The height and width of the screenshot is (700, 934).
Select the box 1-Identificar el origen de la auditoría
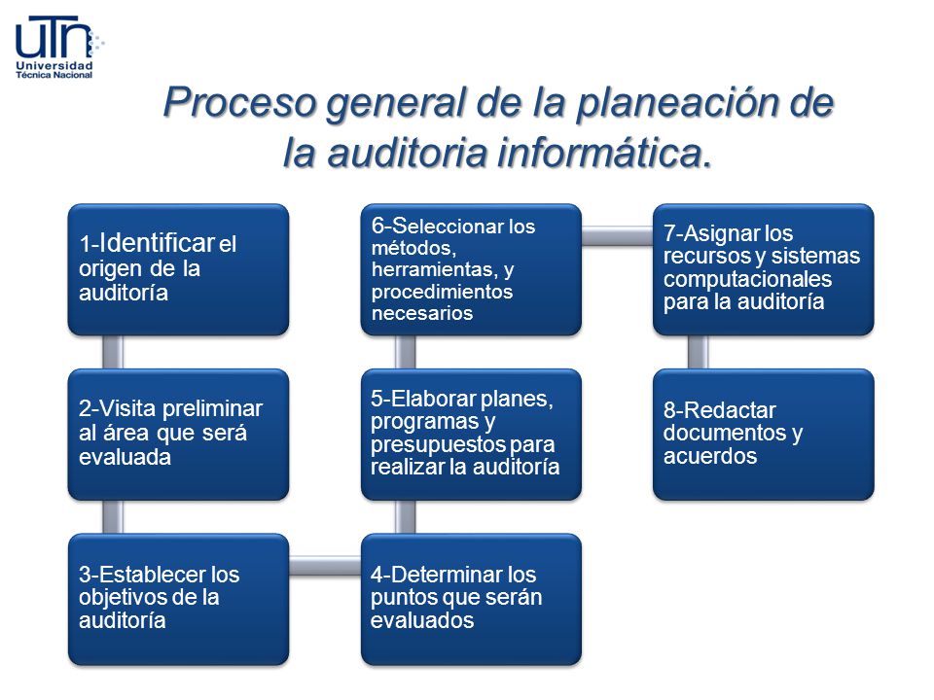[178, 269]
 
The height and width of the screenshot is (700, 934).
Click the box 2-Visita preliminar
[178, 434]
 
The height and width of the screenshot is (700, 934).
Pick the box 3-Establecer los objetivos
[178, 599]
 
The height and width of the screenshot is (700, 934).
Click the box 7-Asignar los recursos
[763, 269]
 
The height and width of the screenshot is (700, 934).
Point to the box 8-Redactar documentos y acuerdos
[763, 434]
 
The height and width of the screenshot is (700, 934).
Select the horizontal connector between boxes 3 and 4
[325, 562]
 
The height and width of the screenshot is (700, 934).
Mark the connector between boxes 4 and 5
[406, 517]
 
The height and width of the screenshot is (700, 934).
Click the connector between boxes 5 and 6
[406, 352]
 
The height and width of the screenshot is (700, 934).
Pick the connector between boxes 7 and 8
[699, 352]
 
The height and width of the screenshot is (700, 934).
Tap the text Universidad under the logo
[55, 66]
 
